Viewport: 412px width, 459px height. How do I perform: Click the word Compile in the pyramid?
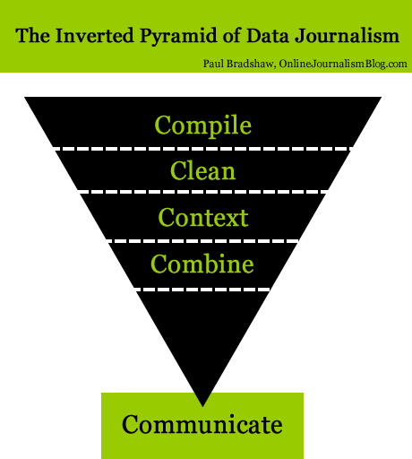pyautogui.click(x=203, y=124)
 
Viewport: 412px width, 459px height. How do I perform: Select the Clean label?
pyautogui.click(x=203, y=169)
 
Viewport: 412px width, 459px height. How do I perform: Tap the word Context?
pyautogui.click(x=203, y=217)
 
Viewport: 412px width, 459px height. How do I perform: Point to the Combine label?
pyautogui.click(x=202, y=264)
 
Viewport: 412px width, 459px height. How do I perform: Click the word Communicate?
pyautogui.click(x=202, y=423)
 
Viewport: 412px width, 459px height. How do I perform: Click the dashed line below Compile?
pyautogui.click(x=203, y=147)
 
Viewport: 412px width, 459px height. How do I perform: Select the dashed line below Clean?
pyautogui.click(x=203, y=191)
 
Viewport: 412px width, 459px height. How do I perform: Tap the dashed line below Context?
pyautogui.click(x=203, y=240)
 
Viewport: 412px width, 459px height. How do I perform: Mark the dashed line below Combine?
pyautogui.click(x=203, y=289)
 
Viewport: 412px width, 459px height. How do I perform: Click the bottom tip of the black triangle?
pyautogui.click(x=203, y=403)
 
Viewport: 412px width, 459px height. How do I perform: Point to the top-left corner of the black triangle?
pyautogui.click(x=27, y=98)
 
